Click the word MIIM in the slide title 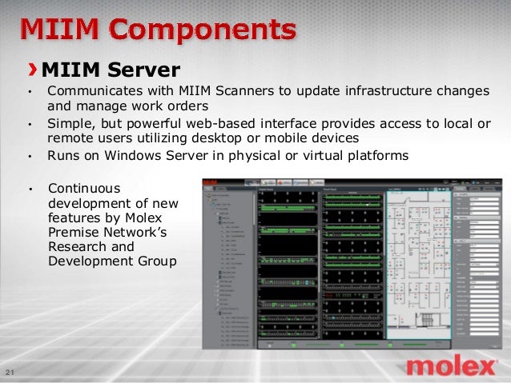(60, 31)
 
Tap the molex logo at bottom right (450, 367)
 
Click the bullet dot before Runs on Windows (30, 157)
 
